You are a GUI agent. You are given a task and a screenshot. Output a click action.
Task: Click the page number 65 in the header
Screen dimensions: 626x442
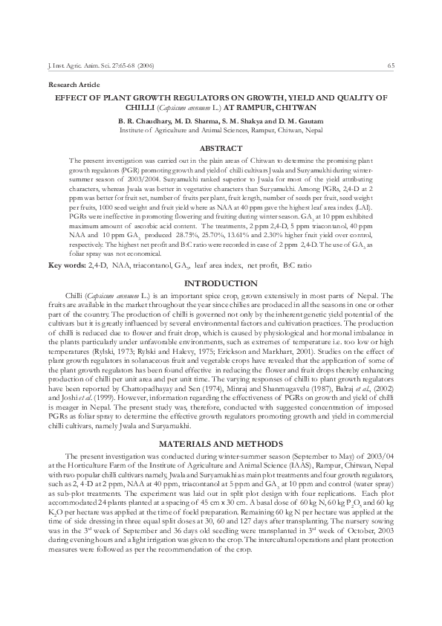[x=391, y=66]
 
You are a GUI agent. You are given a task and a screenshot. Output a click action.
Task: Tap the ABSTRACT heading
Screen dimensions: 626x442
[x=221, y=149]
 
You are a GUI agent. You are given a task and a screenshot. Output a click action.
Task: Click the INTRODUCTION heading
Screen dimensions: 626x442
[x=221, y=284]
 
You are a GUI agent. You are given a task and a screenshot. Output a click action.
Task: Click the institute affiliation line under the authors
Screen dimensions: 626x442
[x=221, y=129]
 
